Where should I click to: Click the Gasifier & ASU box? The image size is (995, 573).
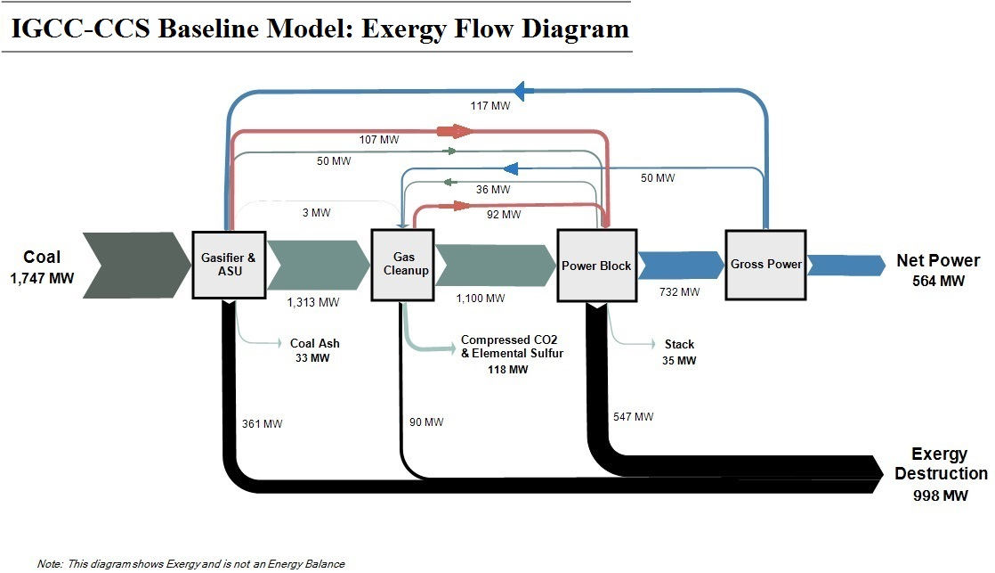(x=228, y=265)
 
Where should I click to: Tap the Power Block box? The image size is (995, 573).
(x=595, y=265)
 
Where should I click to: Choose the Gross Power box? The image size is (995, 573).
(x=765, y=264)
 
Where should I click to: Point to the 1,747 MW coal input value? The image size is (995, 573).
(x=43, y=279)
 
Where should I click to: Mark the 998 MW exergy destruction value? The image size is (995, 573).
(x=940, y=495)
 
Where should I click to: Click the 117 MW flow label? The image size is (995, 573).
(x=489, y=106)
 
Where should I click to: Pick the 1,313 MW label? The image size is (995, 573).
(x=313, y=302)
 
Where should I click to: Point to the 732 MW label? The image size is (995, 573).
(x=679, y=292)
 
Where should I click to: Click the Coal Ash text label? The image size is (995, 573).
(x=315, y=343)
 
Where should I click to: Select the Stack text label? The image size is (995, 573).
(x=679, y=344)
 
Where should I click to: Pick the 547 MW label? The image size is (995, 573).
(x=633, y=416)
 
